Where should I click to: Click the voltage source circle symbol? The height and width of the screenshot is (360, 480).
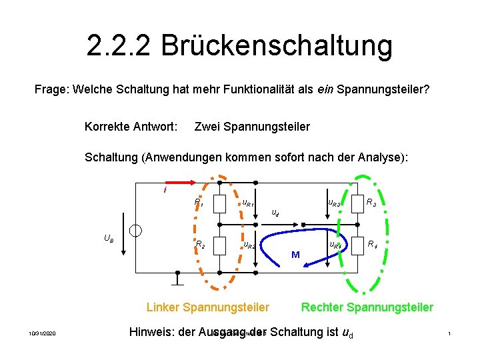click(136, 231)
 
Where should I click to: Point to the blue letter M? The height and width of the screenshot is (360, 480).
click(295, 255)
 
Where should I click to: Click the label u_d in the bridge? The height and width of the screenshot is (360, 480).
click(275, 213)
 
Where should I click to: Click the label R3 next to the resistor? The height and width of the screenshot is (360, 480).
click(372, 201)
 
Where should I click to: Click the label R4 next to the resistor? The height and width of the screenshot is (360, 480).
click(373, 245)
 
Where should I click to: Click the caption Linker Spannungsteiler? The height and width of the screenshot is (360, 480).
click(208, 307)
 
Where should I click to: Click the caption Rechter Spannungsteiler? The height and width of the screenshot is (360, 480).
click(367, 307)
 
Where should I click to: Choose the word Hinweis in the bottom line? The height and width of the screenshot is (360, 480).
click(151, 331)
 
